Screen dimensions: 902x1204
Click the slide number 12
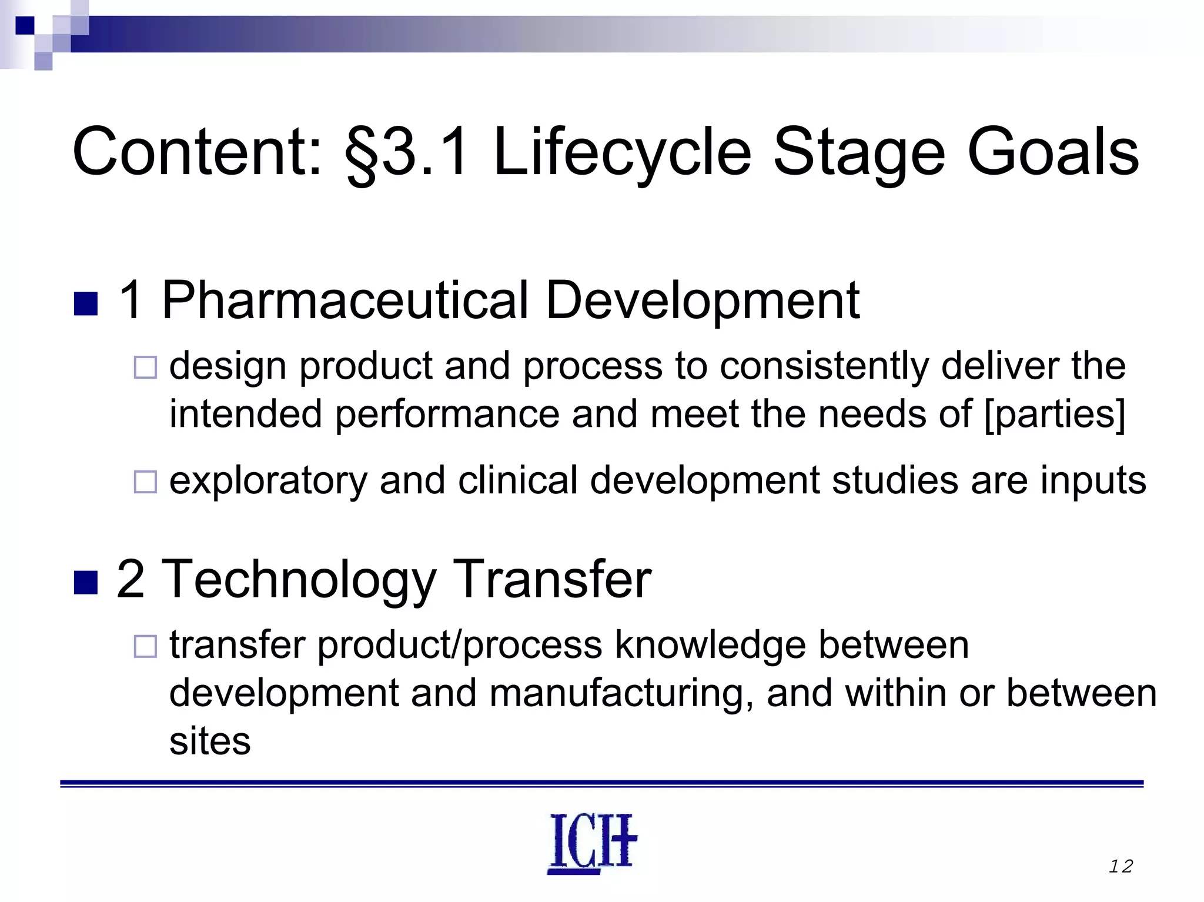1121,866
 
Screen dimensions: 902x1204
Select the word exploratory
268,480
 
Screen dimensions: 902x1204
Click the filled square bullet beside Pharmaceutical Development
86,304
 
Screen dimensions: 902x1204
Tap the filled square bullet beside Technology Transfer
86,583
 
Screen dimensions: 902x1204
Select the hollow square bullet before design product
145,368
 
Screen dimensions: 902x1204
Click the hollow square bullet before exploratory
145,482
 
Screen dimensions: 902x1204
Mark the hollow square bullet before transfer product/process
145,646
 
